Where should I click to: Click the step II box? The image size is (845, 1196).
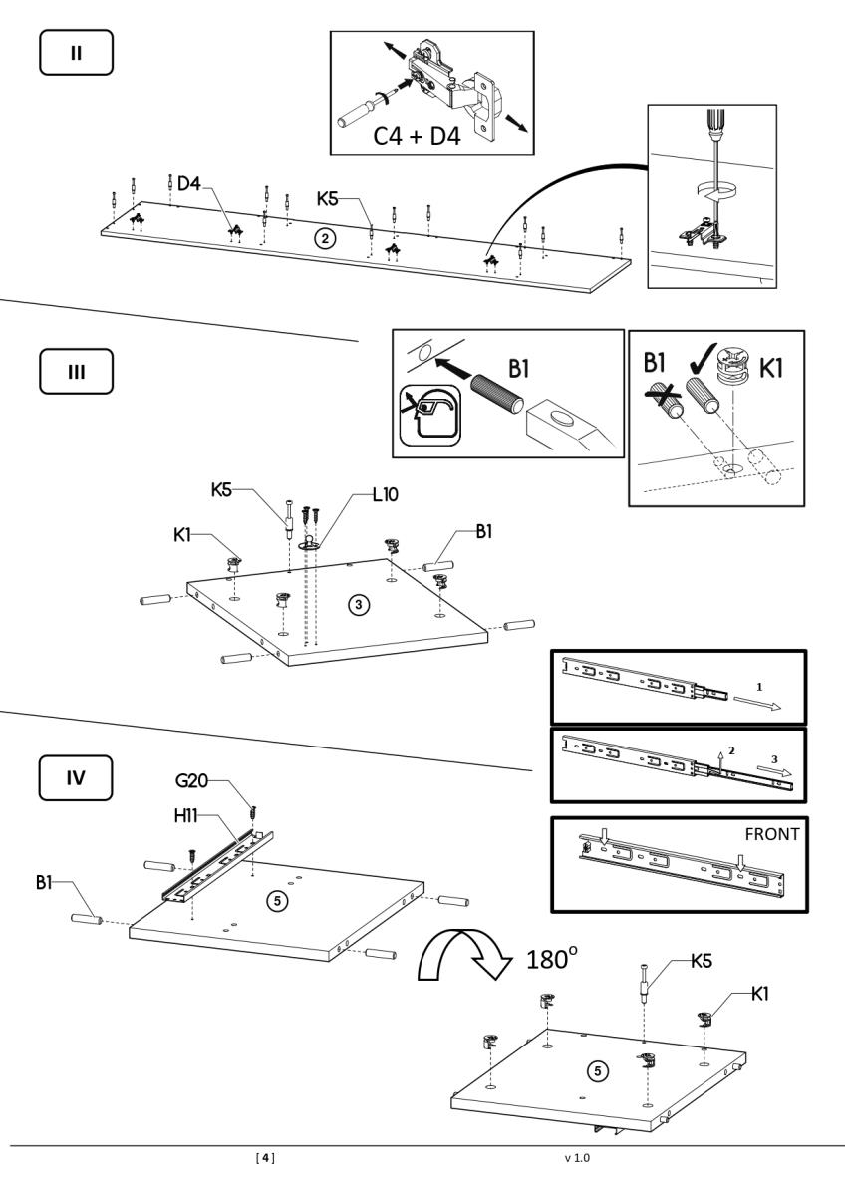[76, 51]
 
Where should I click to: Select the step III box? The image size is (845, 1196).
[76, 370]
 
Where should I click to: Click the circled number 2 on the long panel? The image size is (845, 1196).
[323, 237]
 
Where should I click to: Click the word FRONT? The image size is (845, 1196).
[771, 834]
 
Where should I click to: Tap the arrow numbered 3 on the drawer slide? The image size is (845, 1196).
[771, 770]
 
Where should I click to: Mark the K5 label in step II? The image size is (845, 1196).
[330, 199]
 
